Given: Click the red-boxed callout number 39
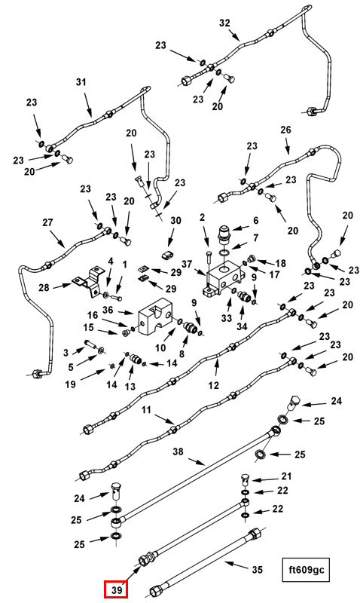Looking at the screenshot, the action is point(116,589).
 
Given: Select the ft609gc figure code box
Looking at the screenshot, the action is point(306,569).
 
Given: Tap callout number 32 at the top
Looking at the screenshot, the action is point(224,23).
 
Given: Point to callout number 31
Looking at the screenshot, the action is point(81,82).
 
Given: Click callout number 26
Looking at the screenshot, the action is point(286,130).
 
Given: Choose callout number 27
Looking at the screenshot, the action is point(47,222).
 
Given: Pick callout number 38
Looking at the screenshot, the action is point(178,451).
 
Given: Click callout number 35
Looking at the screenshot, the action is point(257,569).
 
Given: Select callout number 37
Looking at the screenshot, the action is point(187,265).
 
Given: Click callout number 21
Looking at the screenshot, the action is point(286,476).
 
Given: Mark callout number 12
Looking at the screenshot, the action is point(213,385).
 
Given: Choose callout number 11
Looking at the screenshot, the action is point(146,409).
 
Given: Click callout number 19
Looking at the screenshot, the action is point(70,384).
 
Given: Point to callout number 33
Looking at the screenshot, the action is point(226,318).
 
